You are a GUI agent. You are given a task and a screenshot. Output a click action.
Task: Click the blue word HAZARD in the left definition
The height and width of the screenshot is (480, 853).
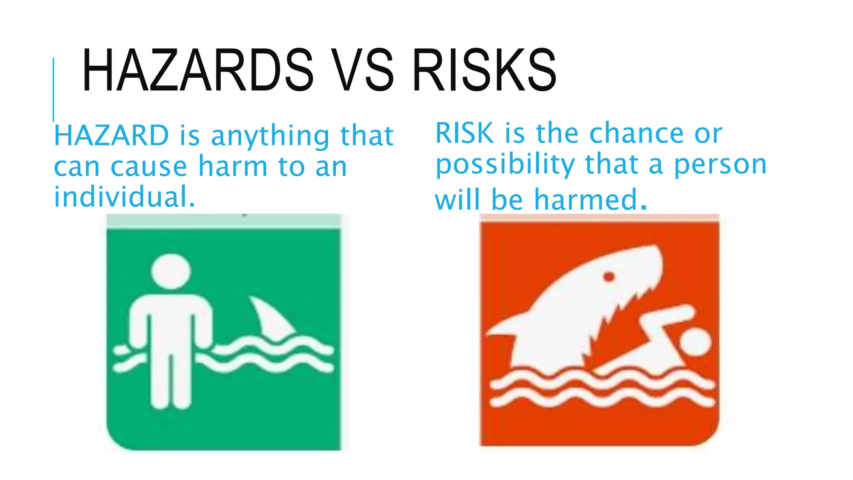tap(111, 136)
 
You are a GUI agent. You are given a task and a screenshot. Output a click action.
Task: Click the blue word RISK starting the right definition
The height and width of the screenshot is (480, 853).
tap(464, 133)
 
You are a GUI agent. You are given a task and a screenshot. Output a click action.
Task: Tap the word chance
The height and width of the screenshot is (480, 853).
tap(636, 133)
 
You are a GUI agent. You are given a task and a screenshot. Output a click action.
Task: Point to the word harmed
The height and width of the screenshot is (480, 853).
tap(586, 200)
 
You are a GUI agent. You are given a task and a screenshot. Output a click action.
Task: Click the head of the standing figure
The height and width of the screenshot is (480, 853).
tap(171, 271)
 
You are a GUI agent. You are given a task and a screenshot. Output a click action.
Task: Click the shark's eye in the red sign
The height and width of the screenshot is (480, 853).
tap(609, 277)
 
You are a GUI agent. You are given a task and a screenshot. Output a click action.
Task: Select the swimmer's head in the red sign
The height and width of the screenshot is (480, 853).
tap(695, 342)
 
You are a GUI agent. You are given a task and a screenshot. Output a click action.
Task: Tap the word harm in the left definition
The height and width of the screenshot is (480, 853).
tap(232, 167)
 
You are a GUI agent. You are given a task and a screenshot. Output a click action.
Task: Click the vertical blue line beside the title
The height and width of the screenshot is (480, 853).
tap(54, 90)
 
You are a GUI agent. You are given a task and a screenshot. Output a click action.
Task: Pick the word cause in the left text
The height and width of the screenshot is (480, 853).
tap(149, 167)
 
